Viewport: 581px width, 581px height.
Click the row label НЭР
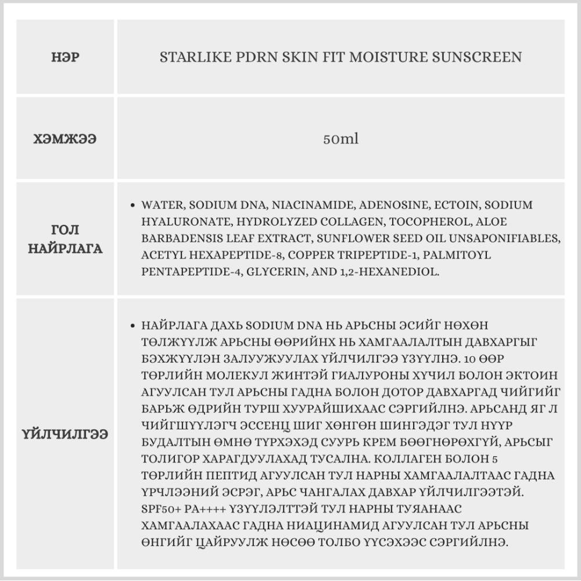pos(65,58)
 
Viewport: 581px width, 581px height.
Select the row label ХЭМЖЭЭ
pos(65,139)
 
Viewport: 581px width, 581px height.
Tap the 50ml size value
pos(340,139)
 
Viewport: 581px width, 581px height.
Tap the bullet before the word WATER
pos(134,206)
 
